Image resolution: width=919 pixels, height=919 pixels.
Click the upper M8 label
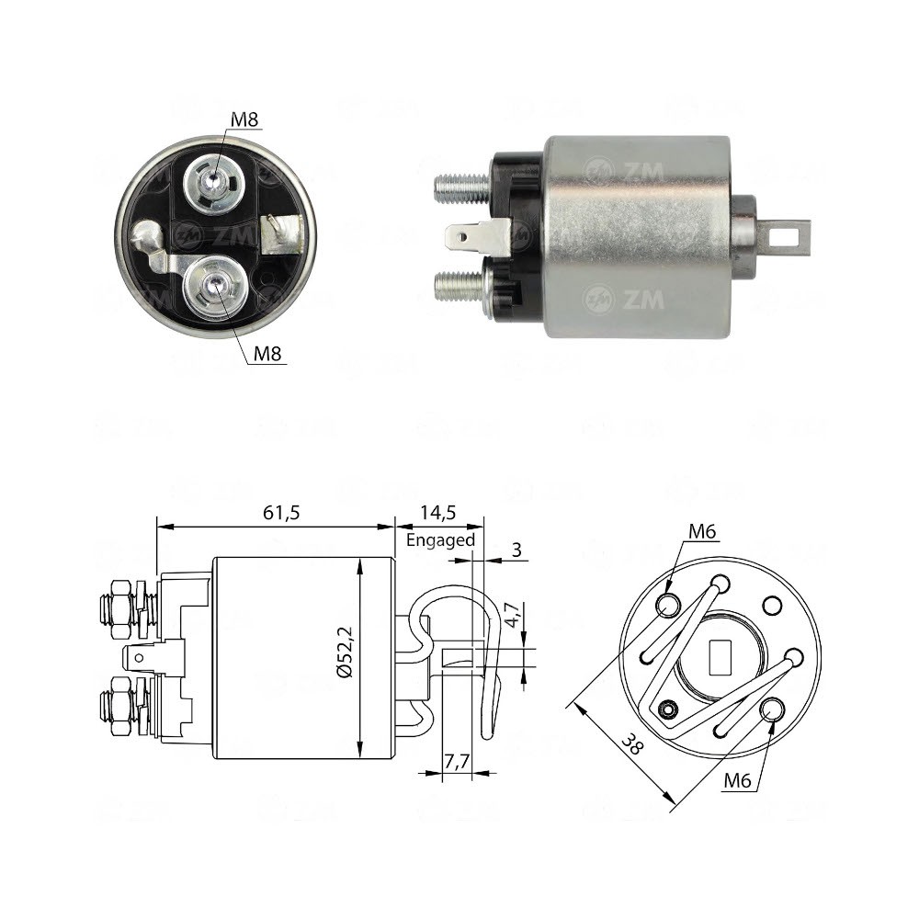point(244,119)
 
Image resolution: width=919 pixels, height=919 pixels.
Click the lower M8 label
point(267,354)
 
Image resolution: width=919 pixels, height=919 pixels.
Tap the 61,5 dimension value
point(281,513)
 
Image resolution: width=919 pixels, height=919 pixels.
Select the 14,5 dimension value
point(437,513)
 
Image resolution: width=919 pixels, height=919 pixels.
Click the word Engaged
point(441,539)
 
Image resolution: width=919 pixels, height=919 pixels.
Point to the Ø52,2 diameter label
point(346,652)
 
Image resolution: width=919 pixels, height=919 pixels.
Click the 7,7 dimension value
point(457,761)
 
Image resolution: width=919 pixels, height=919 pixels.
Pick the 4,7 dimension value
point(512,615)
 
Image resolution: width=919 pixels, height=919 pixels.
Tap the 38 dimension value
point(632,744)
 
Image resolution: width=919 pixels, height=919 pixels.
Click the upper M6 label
point(702,531)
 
